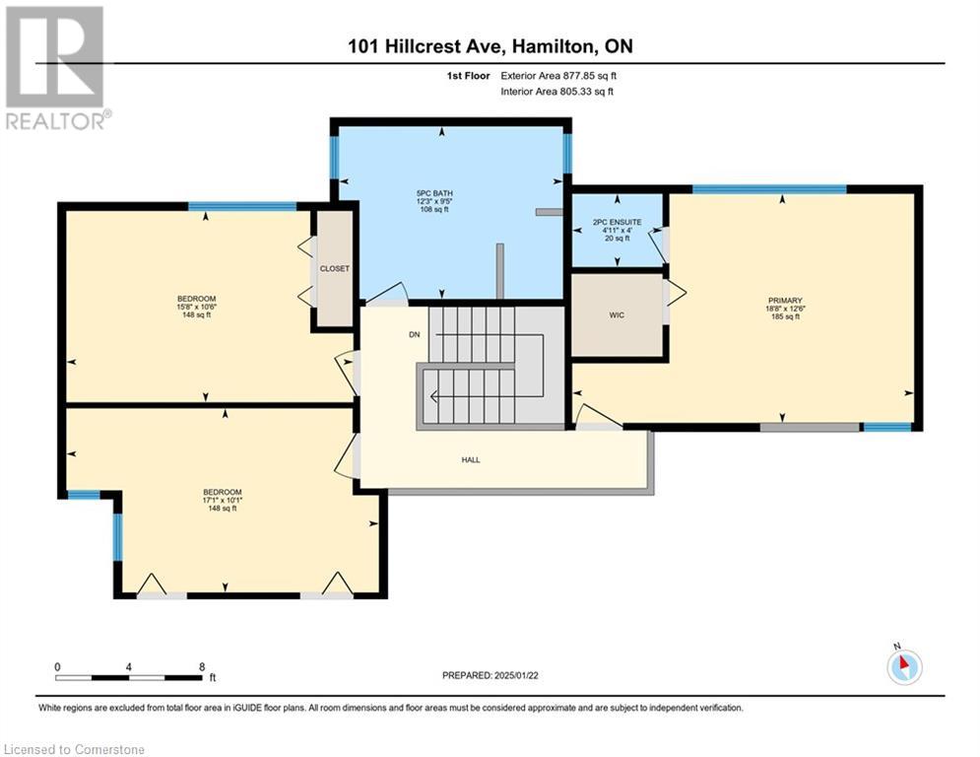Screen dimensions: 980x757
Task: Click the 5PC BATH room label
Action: tap(434, 193)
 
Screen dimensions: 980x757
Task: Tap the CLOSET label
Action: tap(334, 268)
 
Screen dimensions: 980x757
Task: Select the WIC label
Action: tap(617, 315)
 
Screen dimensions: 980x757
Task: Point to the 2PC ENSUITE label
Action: tap(617, 222)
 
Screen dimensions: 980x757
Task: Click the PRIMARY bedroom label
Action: tap(785, 301)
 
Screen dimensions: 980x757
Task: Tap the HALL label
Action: tap(471, 460)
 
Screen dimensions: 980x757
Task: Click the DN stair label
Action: tap(415, 335)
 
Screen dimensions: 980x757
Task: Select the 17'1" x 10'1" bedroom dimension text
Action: tap(222, 501)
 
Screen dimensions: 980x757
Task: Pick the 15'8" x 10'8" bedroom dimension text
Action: tap(196, 308)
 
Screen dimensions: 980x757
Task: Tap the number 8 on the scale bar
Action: tap(202, 667)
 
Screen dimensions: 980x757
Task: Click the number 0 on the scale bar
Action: tap(57, 667)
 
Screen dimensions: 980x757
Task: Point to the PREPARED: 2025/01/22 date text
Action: tap(490, 675)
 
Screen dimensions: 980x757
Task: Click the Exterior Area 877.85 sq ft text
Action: tap(558, 76)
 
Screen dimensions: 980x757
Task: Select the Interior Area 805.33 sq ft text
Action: tap(556, 92)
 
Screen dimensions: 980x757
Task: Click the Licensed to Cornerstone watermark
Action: tap(74, 749)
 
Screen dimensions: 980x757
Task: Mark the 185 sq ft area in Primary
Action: tap(785, 317)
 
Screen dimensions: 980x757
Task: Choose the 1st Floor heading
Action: tap(468, 76)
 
